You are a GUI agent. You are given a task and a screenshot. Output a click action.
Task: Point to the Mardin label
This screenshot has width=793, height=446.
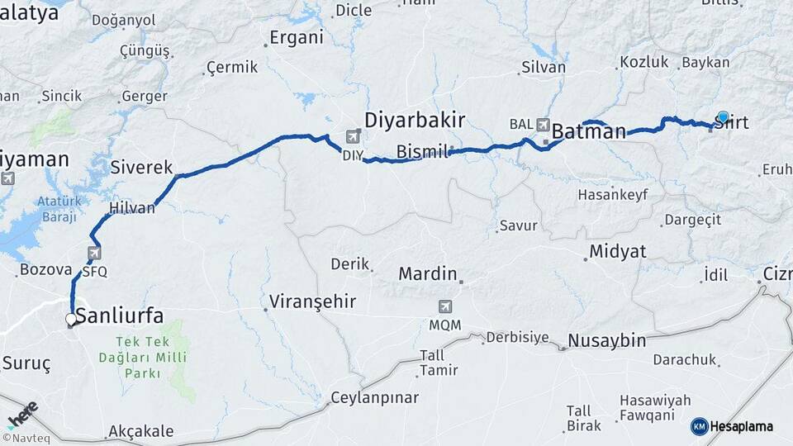pyautogui.click(x=427, y=273)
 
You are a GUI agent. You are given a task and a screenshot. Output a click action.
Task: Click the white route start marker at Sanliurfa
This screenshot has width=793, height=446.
pyautogui.click(x=72, y=319)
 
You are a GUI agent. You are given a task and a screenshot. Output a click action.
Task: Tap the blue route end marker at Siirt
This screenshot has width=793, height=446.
pyautogui.click(x=723, y=117)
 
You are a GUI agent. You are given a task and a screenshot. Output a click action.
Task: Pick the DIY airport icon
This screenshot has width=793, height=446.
pyautogui.click(x=354, y=136)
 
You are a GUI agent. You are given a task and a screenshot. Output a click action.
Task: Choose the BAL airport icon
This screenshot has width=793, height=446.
pyautogui.click(x=543, y=125)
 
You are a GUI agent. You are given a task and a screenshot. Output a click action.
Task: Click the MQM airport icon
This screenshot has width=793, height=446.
pyautogui.click(x=445, y=306)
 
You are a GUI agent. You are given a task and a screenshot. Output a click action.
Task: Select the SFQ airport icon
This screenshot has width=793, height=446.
pyautogui.click(x=95, y=254)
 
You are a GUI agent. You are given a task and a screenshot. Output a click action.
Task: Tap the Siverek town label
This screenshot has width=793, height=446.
pyautogui.click(x=141, y=167)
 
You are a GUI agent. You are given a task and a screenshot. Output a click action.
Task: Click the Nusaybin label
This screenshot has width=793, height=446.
pyautogui.click(x=606, y=341)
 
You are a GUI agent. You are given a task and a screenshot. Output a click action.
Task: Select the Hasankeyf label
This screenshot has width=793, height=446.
pyautogui.click(x=612, y=195)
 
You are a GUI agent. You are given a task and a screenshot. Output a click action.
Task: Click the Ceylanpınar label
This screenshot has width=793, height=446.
pyautogui.click(x=374, y=398)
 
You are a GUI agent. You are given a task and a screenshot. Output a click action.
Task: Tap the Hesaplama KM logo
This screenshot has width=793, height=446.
pyautogui.click(x=732, y=426)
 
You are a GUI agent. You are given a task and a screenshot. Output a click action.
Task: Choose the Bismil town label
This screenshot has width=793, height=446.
pyautogui.click(x=421, y=152)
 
